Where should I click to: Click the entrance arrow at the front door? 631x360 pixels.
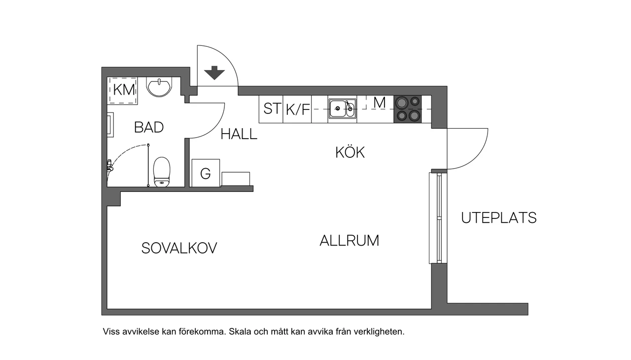[214, 73]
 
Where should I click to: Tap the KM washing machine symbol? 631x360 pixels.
[123, 90]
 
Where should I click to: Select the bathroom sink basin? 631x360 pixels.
[159, 87]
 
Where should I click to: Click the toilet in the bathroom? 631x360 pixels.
[162, 172]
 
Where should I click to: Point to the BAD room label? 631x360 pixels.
[149, 127]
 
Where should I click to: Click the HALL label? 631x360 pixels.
[239, 134]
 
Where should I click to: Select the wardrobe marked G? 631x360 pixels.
[206, 173]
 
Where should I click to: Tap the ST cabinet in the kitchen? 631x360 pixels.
[271, 109]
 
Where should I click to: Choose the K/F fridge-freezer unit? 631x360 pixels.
[298, 109]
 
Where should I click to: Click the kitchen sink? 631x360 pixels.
[342, 108]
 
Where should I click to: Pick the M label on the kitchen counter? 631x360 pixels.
[379, 103]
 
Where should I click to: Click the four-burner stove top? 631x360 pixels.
[408, 109]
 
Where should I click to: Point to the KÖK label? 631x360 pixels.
[350, 152]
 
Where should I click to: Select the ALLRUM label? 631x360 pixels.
[349, 241]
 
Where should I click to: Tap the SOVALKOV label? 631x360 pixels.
[179, 248]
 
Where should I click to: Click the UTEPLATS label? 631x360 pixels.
[498, 217]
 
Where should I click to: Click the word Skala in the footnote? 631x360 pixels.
[241, 332]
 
